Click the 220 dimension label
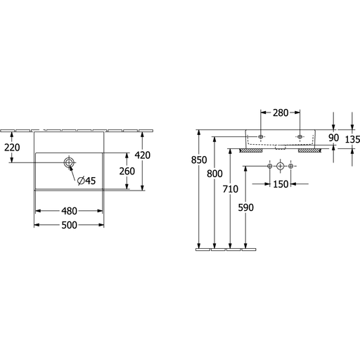pos(12,148)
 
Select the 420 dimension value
pos(143,155)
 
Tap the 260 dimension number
pos(127,171)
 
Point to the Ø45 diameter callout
pos(86,181)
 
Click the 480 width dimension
pos(69,211)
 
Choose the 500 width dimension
pos(69,225)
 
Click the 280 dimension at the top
pos(281,112)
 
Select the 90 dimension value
pos(333,138)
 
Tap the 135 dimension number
pos(352,140)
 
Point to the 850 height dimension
pos(199,160)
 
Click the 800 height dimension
pos(214,174)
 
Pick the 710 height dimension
pos(231,189)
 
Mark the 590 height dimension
pos(246,207)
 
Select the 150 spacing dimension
pos(281,184)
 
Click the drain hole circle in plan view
pos(69,162)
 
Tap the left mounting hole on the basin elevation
pos(261,136)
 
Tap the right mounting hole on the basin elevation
pos(300,136)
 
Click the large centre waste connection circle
pos(281,166)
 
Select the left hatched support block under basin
pos(251,150)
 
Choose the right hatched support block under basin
pos(309,150)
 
